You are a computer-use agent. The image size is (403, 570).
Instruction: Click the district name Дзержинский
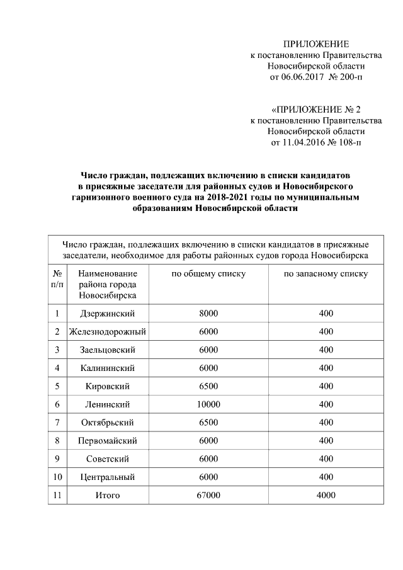pyautogui.click(x=108, y=314)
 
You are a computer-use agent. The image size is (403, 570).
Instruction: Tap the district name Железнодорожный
pyautogui.click(x=108, y=332)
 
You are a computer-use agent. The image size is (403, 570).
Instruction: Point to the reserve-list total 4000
pyautogui.click(x=326, y=496)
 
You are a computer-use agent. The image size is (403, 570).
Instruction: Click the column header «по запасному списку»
pyautogui.click(x=326, y=275)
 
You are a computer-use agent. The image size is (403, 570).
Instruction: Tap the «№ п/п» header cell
pyautogui.click(x=57, y=279)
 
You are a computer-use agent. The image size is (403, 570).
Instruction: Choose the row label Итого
pyautogui.click(x=108, y=496)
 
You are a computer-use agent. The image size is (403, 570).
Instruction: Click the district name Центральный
pyautogui.click(x=108, y=477)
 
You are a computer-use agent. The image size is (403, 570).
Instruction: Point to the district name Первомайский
pyautogui.click(x=108, y=441)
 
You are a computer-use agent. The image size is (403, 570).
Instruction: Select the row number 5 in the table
pyautogui.click(x=57, y=386)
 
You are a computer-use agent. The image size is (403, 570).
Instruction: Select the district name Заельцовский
pyautogui.click(x=108, y=350)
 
